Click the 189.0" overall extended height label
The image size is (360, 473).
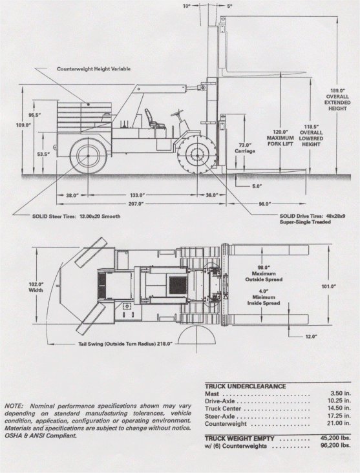[337, 100]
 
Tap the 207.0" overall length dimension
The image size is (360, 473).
[136, 204]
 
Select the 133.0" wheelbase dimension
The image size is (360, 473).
[136, 195]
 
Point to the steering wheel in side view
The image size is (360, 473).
[178, 114]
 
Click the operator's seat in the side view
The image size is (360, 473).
[153, 118]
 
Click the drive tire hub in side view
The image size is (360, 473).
[197, 155]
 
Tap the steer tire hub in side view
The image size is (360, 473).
[88, 156]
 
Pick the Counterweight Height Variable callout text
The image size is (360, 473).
[94, 68]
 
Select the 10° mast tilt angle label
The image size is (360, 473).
[187, 6]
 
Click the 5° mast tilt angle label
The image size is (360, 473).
[230, 6]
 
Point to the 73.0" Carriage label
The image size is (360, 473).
[245, 148]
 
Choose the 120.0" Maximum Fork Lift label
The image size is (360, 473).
[280, 138]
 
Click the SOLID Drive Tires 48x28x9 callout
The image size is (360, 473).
[312, 219]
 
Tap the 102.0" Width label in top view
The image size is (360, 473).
[36, 287]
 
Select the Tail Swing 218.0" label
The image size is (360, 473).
[125, 344]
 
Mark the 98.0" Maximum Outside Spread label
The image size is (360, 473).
[264, 273]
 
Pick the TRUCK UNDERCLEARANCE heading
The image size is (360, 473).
[246, 386]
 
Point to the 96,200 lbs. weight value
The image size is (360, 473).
[335, 446]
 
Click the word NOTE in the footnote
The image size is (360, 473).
[14, 406]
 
